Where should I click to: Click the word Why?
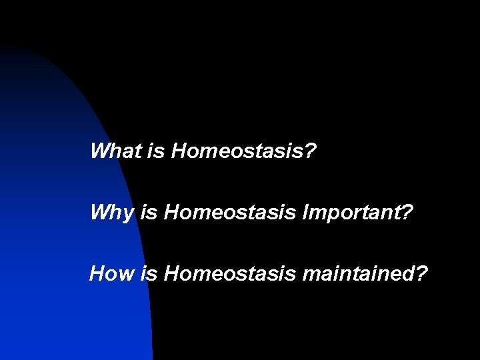point(112,213)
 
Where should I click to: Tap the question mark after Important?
point(407,213)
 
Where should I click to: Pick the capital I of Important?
point(306,213)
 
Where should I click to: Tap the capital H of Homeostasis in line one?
point(179,151)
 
